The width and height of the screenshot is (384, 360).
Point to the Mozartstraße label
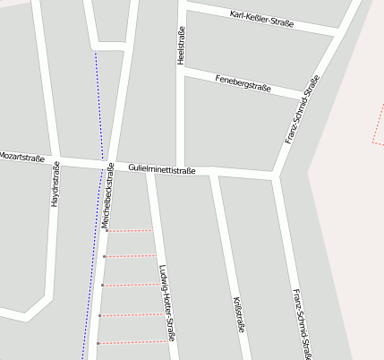coord(21,157)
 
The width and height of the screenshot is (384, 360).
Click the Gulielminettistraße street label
coord(162,168)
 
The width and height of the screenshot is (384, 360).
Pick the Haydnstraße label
coord(55,184)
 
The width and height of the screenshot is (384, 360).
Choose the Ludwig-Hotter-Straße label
coord(165,303)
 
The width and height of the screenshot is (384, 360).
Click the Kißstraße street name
coord(238,314)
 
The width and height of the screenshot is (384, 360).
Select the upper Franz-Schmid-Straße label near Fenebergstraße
coord(302,110)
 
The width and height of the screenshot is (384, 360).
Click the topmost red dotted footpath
coord(130,231)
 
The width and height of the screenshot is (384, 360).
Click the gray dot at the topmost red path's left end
coord(107,231)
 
